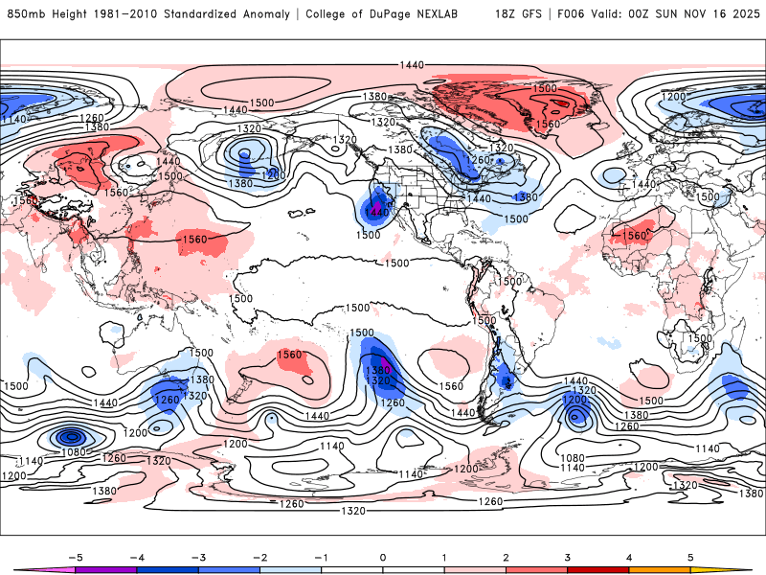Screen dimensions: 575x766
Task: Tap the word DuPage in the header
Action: pos(397,14)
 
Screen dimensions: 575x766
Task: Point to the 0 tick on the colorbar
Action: pos(383,557)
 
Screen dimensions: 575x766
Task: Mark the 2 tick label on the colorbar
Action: pos(507,557)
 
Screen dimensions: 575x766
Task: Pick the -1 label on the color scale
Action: pos(321,557)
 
